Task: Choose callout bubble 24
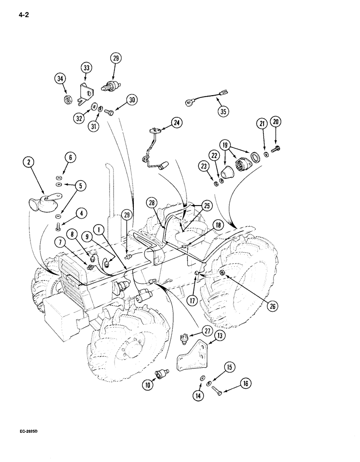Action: pos(177,122)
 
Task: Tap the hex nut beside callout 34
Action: pos(66,98)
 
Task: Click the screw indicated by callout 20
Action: pos(276,148)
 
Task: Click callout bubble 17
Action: pos(192,299)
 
